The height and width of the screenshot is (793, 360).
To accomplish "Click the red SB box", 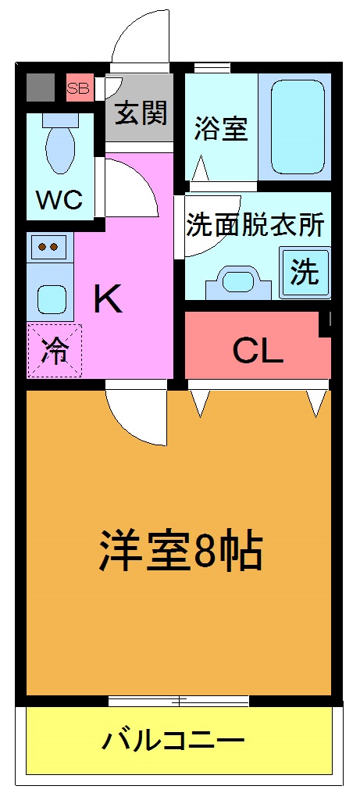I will pyautogui.click(x=77, y=88).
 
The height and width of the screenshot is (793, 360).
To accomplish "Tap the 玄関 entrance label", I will pyautogui.click(x=141, y=115).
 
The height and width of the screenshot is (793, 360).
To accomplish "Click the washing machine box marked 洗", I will pyautogui.click(x=305, y=272).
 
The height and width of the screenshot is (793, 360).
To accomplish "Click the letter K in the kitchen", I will pyautogui.click(x=108, y=298).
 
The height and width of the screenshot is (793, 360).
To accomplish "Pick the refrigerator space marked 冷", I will pyautogui.click(x=54, y=351).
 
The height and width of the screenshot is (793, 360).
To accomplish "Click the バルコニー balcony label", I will pyautogui.click(x=173, y=740).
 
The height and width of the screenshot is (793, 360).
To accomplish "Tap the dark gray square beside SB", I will pyautogui.click(x=40, y=88).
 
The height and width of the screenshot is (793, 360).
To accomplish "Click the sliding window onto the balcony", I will pyautogui.click(x=180, y=700).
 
